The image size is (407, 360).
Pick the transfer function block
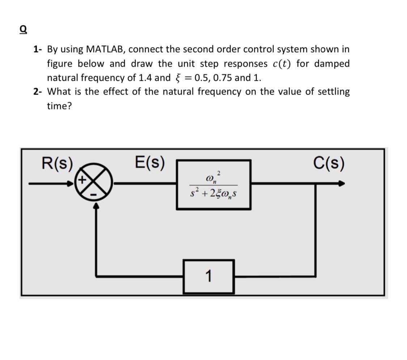[213, 184]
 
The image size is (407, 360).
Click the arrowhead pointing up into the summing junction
[96, 206]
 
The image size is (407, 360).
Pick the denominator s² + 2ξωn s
[213, 193]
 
